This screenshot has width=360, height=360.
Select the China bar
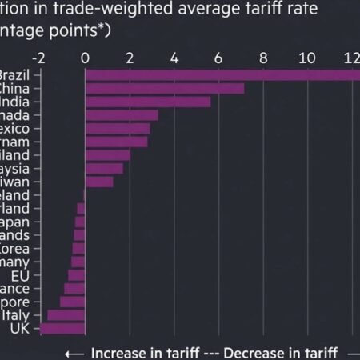coord(164,89)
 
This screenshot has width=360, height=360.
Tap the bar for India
coord(147,102)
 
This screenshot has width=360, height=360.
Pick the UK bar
coord(62,329)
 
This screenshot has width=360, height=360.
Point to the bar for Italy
coord(66,315)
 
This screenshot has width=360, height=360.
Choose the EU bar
coord(76,275)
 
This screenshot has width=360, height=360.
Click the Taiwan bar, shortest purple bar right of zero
coord(99,182)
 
